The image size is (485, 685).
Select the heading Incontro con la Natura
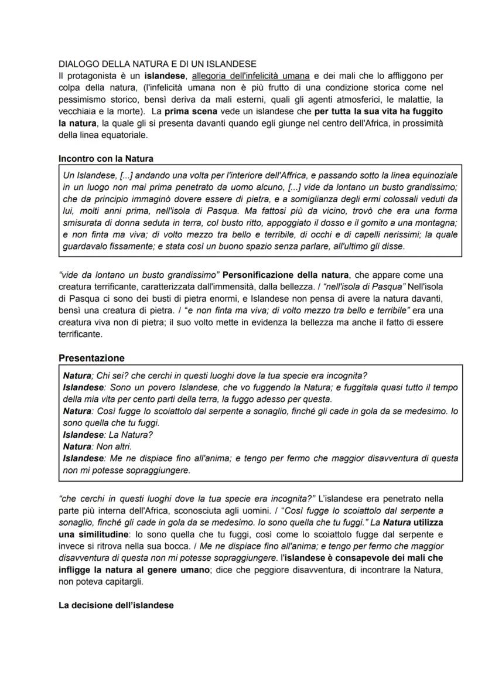pyautogui.click(x=106, y=159)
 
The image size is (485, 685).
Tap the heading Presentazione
pyautogui.click(x=91, y=358)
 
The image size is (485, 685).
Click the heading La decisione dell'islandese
pyautogui.click(x=116, y=605)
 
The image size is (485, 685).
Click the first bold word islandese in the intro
pyautogui.click(x=166, y=76)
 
